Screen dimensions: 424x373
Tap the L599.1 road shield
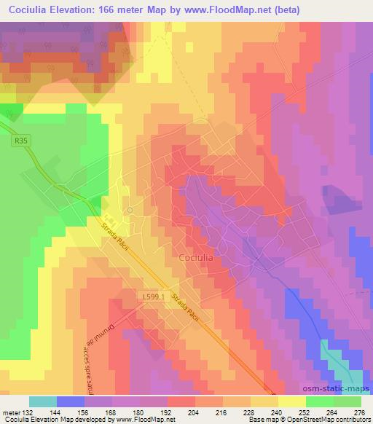pos(157,297)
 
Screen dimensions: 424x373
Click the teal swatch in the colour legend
pos(43,401)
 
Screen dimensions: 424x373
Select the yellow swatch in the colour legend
pos(292,401)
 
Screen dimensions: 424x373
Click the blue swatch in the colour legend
pos(71,401)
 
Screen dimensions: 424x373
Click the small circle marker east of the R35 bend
pos(129,210)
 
